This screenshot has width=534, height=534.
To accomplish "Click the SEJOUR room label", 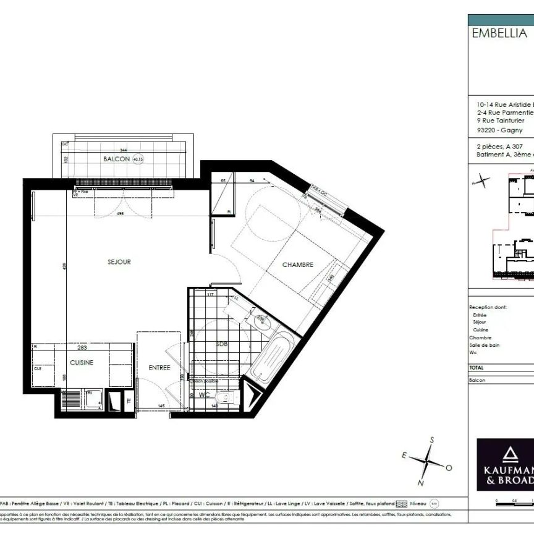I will (x=119, y=262).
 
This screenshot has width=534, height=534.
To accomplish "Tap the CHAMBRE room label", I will (x=298, y=265).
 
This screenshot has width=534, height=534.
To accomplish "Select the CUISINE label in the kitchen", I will (x=82, y=363).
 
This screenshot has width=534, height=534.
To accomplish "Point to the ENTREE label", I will (x=159, y=368).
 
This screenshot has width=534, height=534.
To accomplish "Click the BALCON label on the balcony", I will (x=116, y=159).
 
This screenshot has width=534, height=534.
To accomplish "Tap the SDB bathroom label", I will (x=221, y=344).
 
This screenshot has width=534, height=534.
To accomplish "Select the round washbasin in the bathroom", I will (x=261, y=320).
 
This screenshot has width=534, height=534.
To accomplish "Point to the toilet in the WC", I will (x=226, y=398).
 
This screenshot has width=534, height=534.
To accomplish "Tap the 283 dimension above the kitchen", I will (x=82, y=347).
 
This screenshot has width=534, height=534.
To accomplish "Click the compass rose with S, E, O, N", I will (x=427, y=461).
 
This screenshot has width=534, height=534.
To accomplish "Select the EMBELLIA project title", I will (x=499, y=34).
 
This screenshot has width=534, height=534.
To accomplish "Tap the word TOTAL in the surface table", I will (x=477, y=367).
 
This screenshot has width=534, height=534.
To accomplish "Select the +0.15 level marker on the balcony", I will (x=138, y=159).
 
